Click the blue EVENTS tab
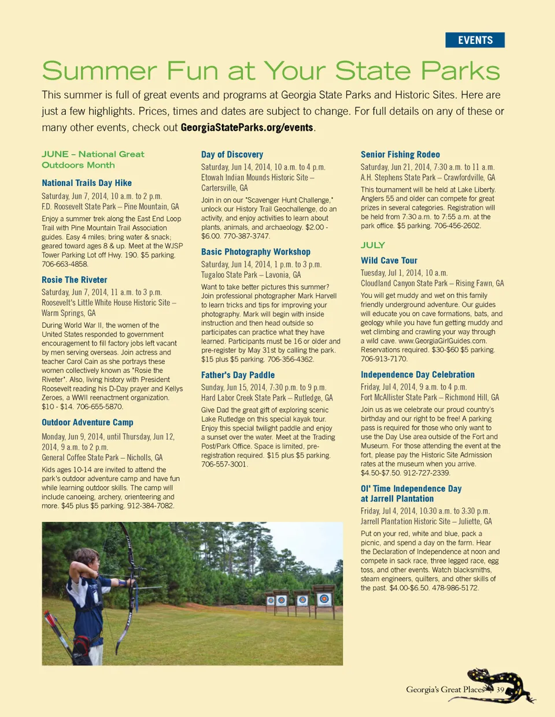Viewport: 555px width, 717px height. [475, 40]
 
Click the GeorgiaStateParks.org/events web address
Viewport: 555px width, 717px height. [247, 128]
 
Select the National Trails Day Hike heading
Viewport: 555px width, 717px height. [87, 183]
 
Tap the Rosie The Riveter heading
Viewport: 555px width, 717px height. [75, 280]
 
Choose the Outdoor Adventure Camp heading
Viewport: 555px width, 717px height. [87, 423]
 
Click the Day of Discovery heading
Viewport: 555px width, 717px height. [232, 155]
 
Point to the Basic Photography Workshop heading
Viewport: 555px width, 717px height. [256, 252]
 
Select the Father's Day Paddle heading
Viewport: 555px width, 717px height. [238, 375]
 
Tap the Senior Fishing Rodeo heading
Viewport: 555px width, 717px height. [400, 155]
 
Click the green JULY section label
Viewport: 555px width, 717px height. [373, 245]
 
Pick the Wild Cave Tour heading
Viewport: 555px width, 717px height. [389, 261]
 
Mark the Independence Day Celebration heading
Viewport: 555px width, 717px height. [417, 375]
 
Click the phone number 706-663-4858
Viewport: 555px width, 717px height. [65, 264]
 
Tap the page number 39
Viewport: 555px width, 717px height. [500, 690]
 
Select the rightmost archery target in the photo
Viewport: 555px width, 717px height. [324, 599]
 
